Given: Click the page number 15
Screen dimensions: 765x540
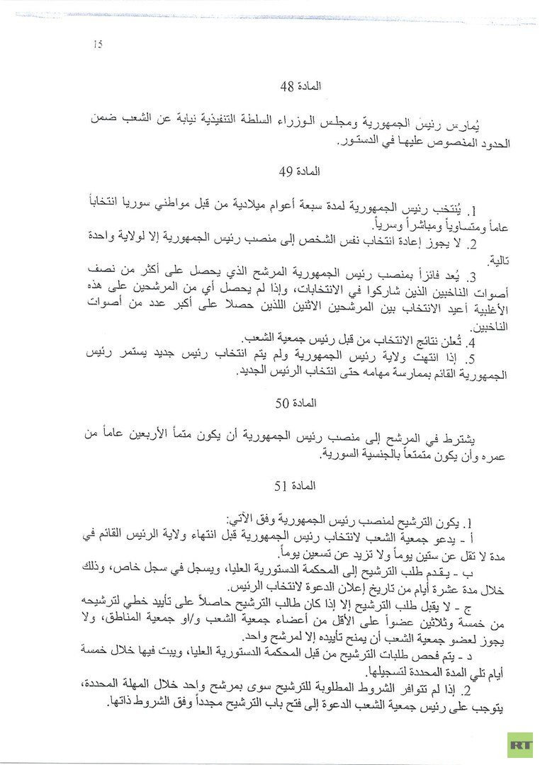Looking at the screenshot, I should [x=98, y=45].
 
